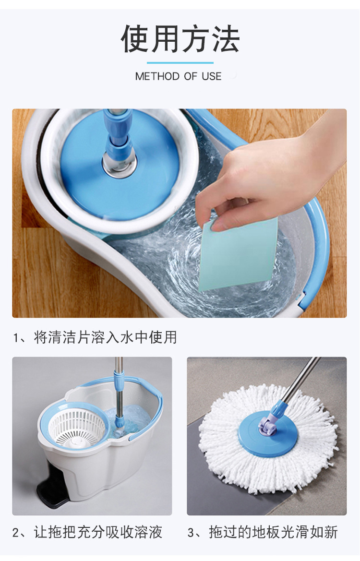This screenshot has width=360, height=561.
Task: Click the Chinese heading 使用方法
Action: (x=180, y=39)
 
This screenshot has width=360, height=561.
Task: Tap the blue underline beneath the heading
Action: (x=180, y=63)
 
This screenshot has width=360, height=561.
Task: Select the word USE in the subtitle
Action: (x=212, y=76)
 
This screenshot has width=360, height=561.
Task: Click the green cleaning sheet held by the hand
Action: (x=238, y=254)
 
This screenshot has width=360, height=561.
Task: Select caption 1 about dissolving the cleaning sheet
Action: (x=95, y=337)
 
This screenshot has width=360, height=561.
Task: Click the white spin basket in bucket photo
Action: (x=77, y=427)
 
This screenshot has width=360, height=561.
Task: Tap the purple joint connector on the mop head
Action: (x=267, y=425)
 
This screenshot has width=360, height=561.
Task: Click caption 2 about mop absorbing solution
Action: (x=87, y=532)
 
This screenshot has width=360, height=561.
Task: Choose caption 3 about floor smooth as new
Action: (x=263, y=532)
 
